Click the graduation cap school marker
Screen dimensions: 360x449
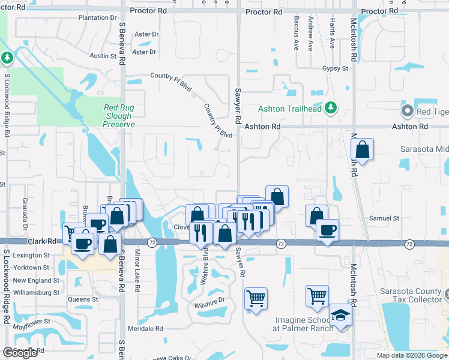tap(340, 316)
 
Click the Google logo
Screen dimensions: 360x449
tap(20, 353)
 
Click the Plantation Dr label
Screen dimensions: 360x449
tap(97, 17)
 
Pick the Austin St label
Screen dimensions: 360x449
tap(103, 56)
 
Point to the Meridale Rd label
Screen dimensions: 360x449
tap(145, 329)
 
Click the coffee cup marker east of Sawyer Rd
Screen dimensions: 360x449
tap(327, 230)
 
